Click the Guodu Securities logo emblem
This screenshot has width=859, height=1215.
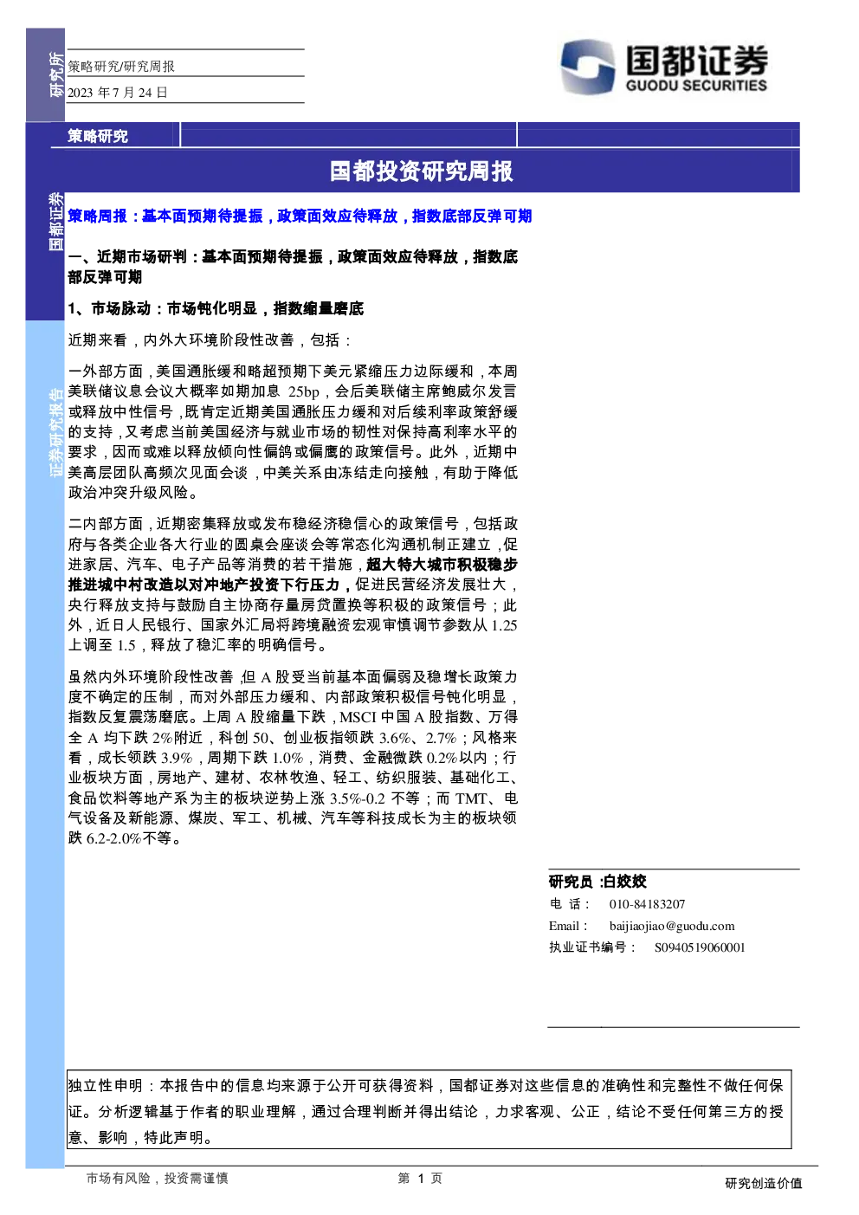point(588,66)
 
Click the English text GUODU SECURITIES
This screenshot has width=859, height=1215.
point(696,85)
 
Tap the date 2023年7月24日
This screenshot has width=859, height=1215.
point(118,93)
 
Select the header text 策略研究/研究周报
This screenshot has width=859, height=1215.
point(121,66)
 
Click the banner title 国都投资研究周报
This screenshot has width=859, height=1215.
point(422,171)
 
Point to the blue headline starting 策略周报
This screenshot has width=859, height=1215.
point(300,217)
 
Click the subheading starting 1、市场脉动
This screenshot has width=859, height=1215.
point(216,308)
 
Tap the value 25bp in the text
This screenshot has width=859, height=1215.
point(304,391)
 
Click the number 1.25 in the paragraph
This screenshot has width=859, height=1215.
point(504,625)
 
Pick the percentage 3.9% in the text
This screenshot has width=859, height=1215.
point(177,758)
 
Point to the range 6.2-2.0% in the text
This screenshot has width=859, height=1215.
point(113,838)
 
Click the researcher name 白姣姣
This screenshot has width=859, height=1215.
point(625,882)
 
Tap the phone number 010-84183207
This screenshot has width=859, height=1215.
point(647,904)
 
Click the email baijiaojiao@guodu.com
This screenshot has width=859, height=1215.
point(672,926)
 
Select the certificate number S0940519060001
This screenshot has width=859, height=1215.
point(700,947)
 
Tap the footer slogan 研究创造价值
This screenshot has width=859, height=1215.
point(764,1184)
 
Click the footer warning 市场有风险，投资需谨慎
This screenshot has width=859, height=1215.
point(158,1178)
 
